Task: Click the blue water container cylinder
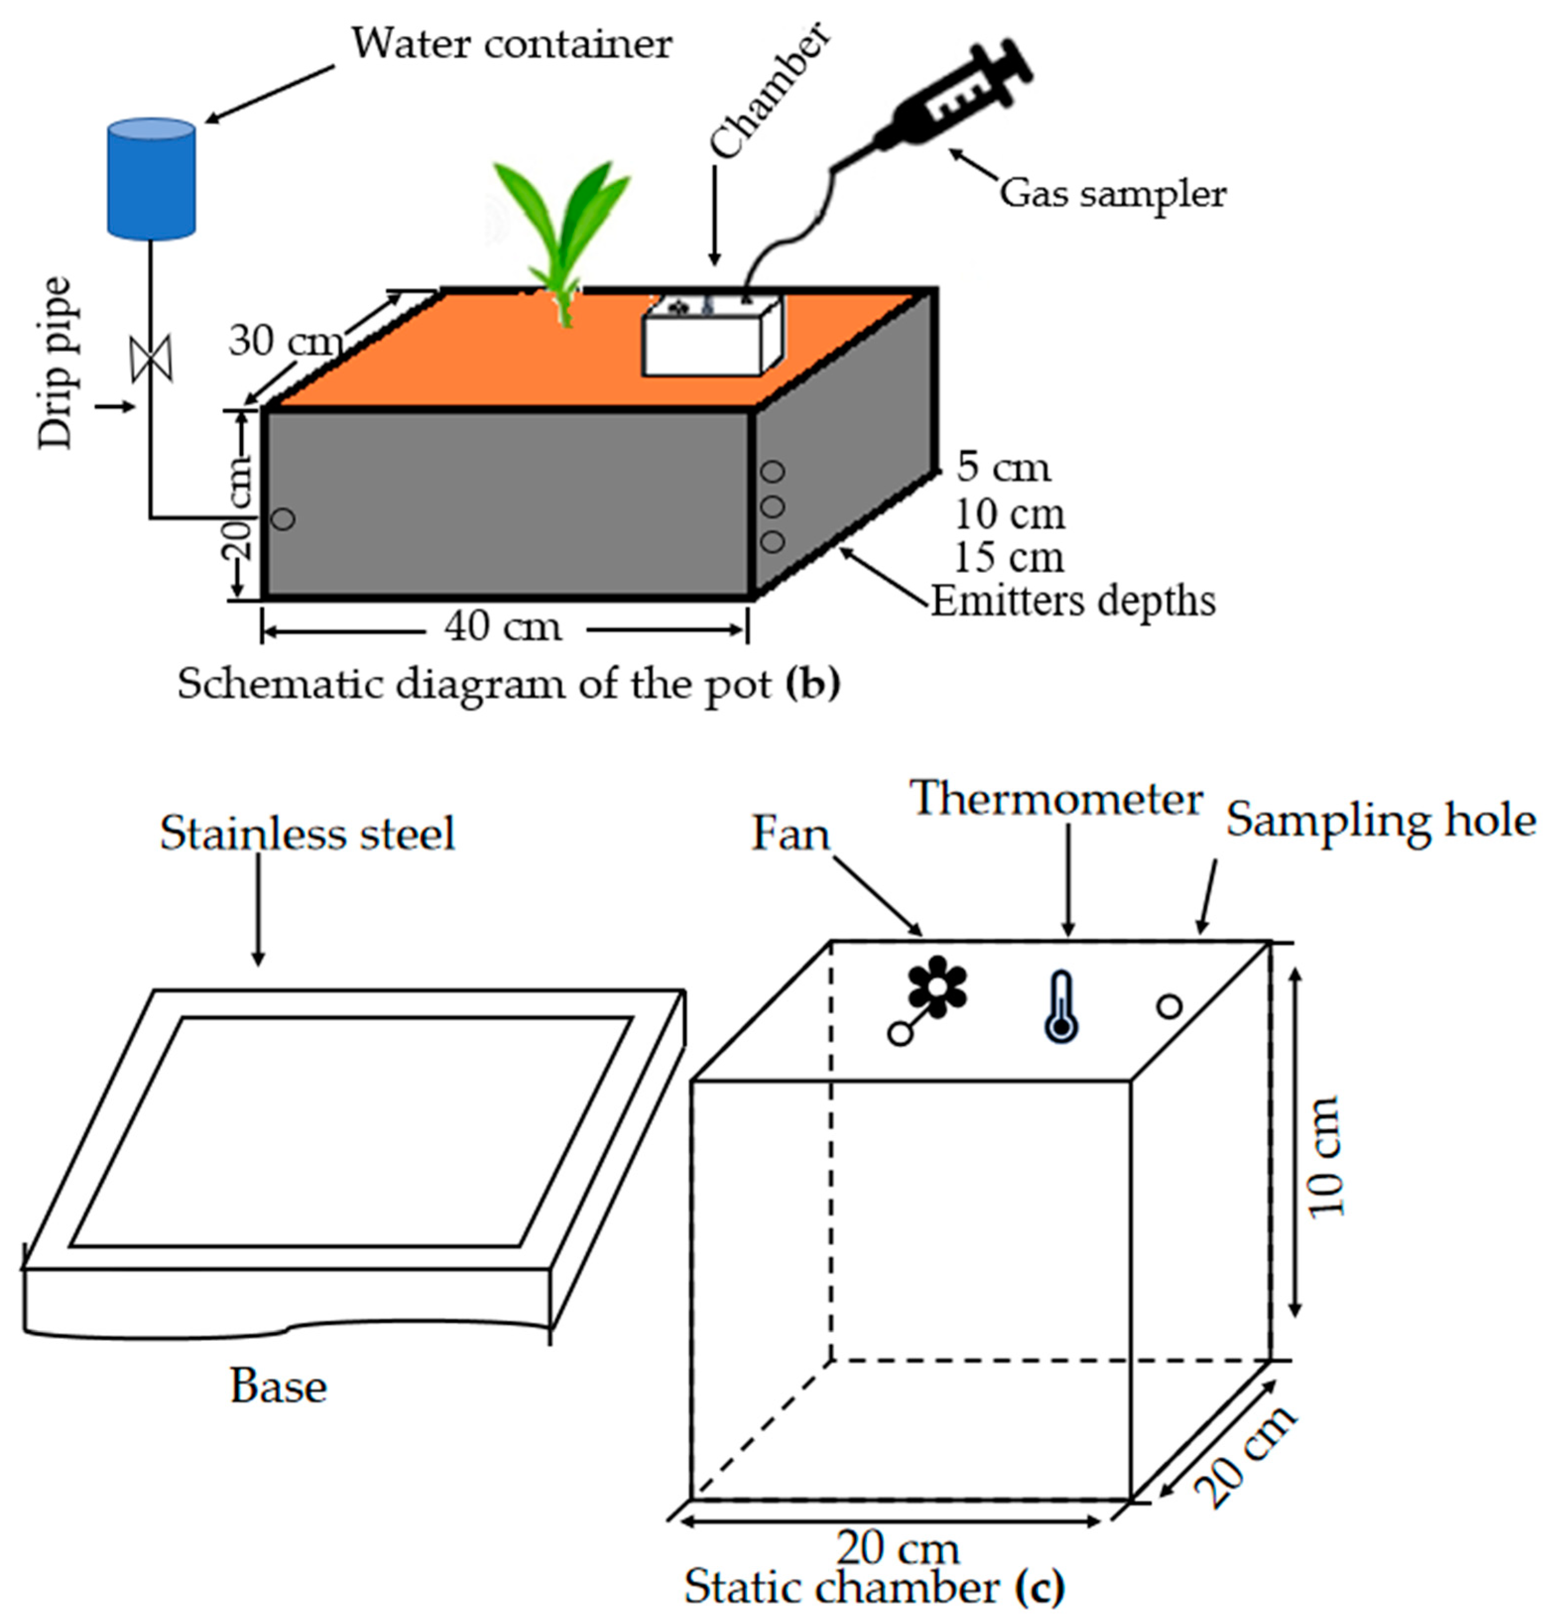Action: pos(151,179)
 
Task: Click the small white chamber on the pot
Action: pos(712,339)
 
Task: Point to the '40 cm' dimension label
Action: pos(503,627)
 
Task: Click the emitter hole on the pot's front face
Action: pos(283,519)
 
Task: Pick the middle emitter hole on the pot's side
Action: pos(772,506)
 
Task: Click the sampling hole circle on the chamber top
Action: pos(1169,1006)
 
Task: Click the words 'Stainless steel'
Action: pos(307,834)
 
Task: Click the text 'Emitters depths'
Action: pos(1073,602)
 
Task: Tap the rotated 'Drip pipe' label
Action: pos(56,363)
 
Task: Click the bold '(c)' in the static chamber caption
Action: pos(1041,1586)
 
